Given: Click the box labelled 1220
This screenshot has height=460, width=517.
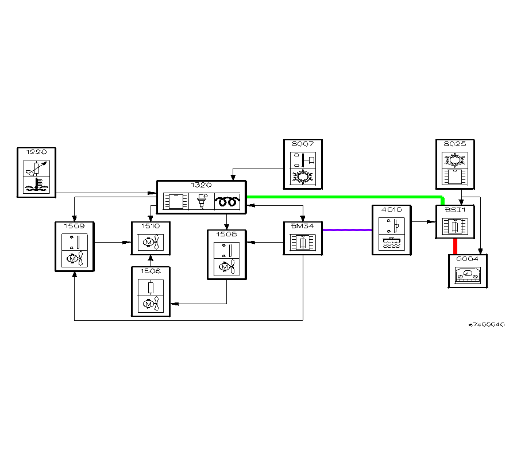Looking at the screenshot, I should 37,172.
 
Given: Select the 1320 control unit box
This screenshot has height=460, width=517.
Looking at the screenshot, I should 202,198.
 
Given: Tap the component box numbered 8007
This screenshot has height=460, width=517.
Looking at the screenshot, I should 303,163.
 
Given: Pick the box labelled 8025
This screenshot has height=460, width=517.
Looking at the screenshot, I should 454,163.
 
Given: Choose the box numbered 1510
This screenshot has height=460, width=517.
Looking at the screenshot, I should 151,238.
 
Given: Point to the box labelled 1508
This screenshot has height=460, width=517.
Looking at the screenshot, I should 226,255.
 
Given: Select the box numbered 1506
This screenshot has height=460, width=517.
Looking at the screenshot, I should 151,292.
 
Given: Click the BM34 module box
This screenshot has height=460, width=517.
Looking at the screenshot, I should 303,238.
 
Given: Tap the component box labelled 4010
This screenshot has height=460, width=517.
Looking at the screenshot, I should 392,230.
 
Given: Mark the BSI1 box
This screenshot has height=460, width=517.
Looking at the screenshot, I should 454,222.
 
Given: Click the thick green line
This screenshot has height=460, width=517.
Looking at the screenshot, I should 345,197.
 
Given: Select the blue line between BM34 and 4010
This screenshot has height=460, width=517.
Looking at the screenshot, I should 347,230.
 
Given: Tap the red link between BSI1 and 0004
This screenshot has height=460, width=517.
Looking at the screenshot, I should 455,246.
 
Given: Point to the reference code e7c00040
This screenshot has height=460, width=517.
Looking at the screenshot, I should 486,324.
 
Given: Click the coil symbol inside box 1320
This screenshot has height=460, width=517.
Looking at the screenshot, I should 227,201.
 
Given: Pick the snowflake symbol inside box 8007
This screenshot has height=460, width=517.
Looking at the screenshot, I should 303,175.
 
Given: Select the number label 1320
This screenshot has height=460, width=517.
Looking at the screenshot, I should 202,185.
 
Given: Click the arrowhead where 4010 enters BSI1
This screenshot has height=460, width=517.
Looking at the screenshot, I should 433,221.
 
